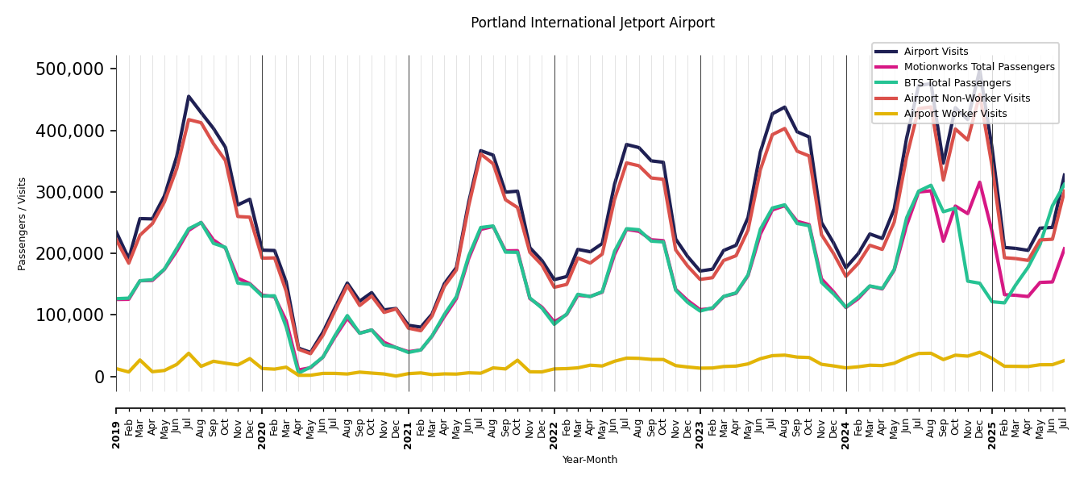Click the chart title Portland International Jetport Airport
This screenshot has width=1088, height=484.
coord(592,23)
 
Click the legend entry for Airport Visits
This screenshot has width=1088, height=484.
coord(936,52)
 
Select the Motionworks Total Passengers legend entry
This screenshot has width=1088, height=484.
coord(978,67)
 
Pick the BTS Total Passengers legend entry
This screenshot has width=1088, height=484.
coord(957,83)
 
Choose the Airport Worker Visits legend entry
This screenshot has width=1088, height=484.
coord(955,114)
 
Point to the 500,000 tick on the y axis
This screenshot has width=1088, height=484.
coord(71,69)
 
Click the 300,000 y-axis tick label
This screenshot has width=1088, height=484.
coord(71,192)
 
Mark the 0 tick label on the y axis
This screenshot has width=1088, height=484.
coord(100,377)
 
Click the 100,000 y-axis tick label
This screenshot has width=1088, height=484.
coord(71,315)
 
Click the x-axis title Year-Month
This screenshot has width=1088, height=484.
coord(590,460)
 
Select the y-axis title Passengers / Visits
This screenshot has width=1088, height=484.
coord(23,223)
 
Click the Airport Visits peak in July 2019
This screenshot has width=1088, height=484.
coord(189,97)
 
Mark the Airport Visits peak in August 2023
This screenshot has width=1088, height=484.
coord(784,107)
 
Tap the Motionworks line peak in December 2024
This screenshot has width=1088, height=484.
coord(980,182)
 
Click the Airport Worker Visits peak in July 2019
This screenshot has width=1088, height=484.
coord(189,353)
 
